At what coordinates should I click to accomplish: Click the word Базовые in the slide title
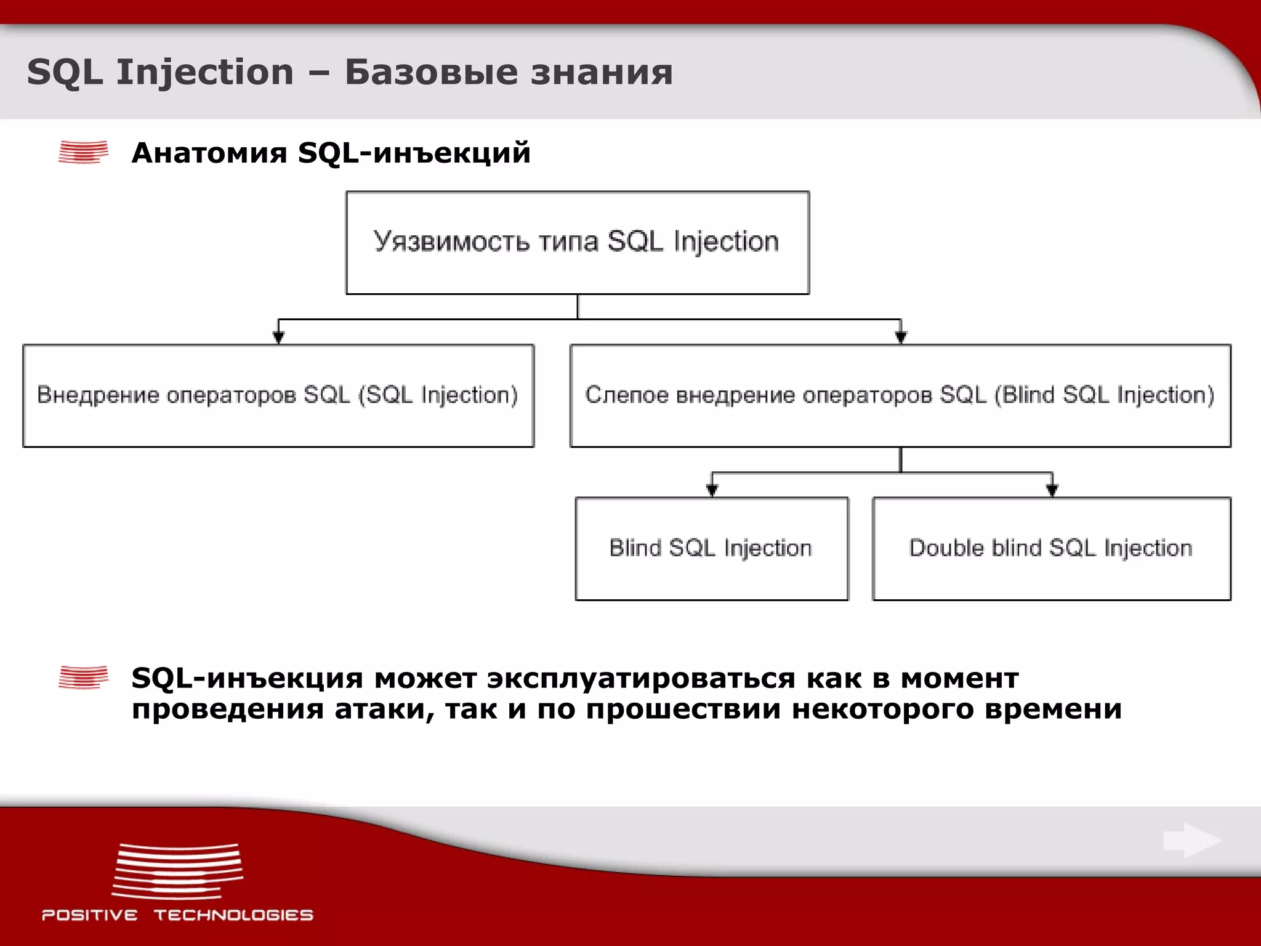431,72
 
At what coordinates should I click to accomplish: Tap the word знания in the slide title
602,72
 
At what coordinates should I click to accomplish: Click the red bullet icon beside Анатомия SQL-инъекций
83,152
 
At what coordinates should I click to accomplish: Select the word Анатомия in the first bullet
209,152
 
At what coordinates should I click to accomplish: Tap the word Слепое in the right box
626,395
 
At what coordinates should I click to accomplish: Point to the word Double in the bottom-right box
946,548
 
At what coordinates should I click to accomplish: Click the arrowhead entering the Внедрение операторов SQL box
278,337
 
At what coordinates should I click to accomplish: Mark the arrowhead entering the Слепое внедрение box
901,337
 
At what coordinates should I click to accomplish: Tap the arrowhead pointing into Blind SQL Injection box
712,490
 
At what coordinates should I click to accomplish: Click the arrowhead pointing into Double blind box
1052,490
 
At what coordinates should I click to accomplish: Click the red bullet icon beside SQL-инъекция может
83,677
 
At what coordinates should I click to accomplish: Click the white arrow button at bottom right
1192,841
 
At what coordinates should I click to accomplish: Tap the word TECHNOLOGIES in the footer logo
233,915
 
